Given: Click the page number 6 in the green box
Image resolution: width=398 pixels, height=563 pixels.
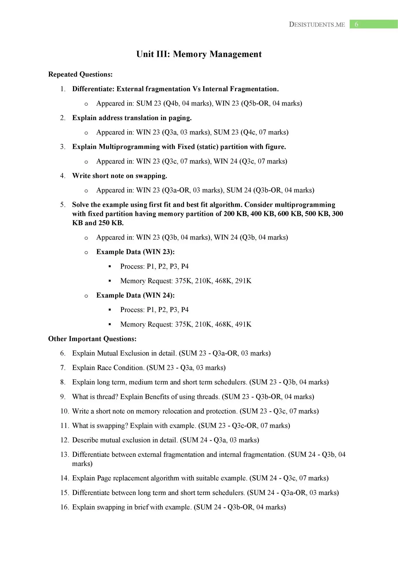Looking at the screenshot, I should pos(356,24).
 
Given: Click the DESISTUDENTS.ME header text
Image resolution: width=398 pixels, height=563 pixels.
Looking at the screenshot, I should pos(317,25).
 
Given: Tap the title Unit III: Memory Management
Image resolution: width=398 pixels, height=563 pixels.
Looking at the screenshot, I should pos(199,54).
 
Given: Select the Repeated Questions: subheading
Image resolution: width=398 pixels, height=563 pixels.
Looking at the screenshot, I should pos(80,74).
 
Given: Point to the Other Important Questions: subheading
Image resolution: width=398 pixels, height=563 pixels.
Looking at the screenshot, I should pos(92,339).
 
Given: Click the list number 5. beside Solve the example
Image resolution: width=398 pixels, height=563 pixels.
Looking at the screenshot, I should pos(63,205).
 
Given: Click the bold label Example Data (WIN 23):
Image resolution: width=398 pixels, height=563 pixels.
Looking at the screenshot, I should pos(135,252).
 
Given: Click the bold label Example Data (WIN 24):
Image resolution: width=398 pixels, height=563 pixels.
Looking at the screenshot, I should pos(135,295).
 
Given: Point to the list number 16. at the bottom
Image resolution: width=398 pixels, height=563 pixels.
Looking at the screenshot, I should pos(64,507).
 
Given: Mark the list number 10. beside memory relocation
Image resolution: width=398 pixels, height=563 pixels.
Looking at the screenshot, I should pos(64,411).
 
